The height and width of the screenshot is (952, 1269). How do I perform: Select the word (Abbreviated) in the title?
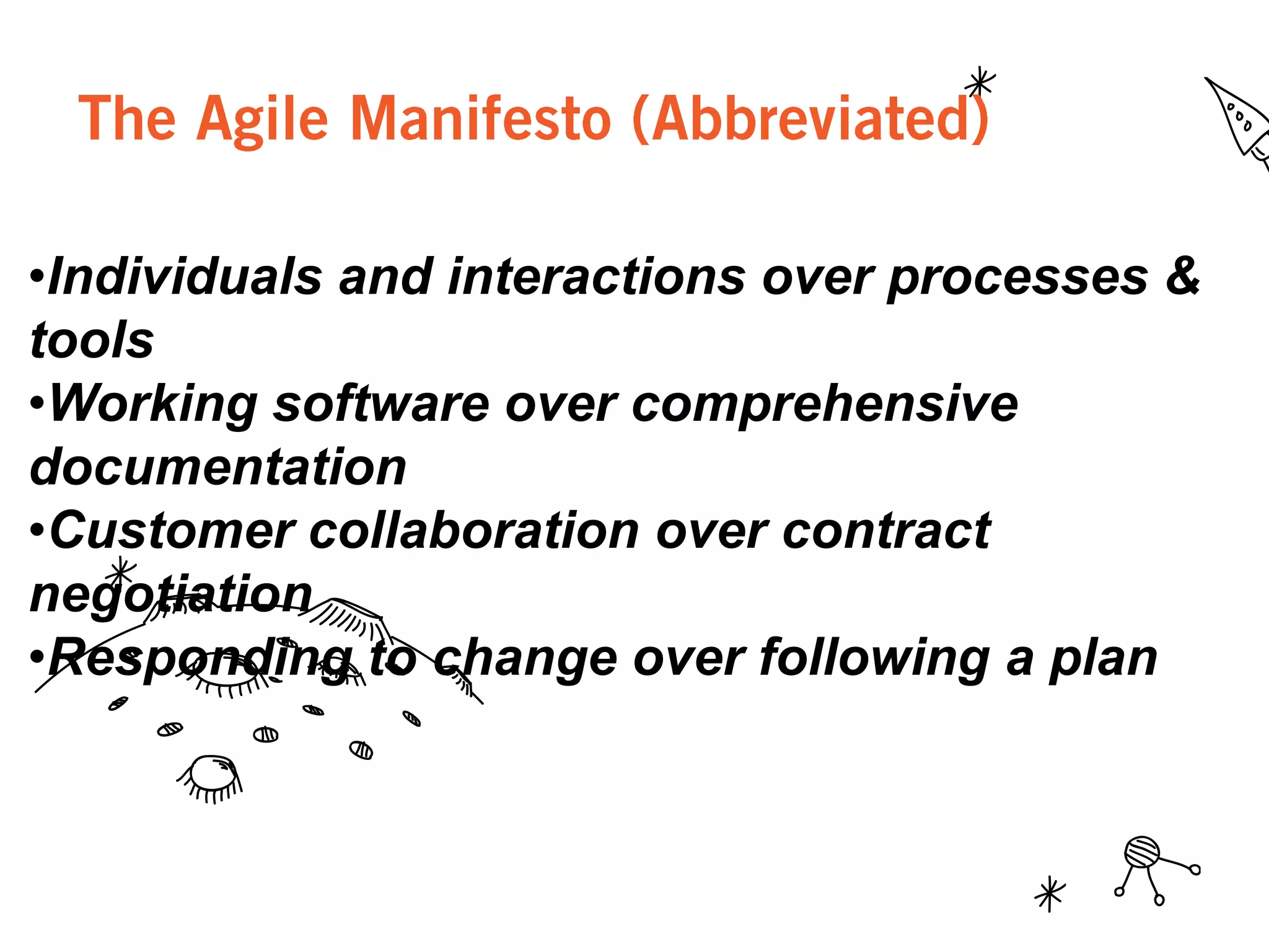pyautogui.click(x=810, y=119)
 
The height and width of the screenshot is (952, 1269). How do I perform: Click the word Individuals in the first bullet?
pyautogui.click(x=185, y=276)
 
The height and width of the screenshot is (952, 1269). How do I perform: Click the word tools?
pyautogui.click(x=92, y=340)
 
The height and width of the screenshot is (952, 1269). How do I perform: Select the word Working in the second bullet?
pyautogui.click(x=152, y=404)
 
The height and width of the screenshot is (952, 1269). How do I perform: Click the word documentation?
pyautogui.click(x=218, y=467)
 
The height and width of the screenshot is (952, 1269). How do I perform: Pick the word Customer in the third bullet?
pyautogui.click(x=172, y=531)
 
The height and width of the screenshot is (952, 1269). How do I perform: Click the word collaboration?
pyautogui.click(x=474, y=531)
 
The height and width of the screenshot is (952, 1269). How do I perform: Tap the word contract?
pyautogui.click(x=887, y=531)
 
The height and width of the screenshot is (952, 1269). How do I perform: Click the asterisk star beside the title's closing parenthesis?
pyautogui.click(x=980, y=82)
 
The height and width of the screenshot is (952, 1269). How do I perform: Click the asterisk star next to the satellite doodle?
pyautogui.click(x=1050, y=894)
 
